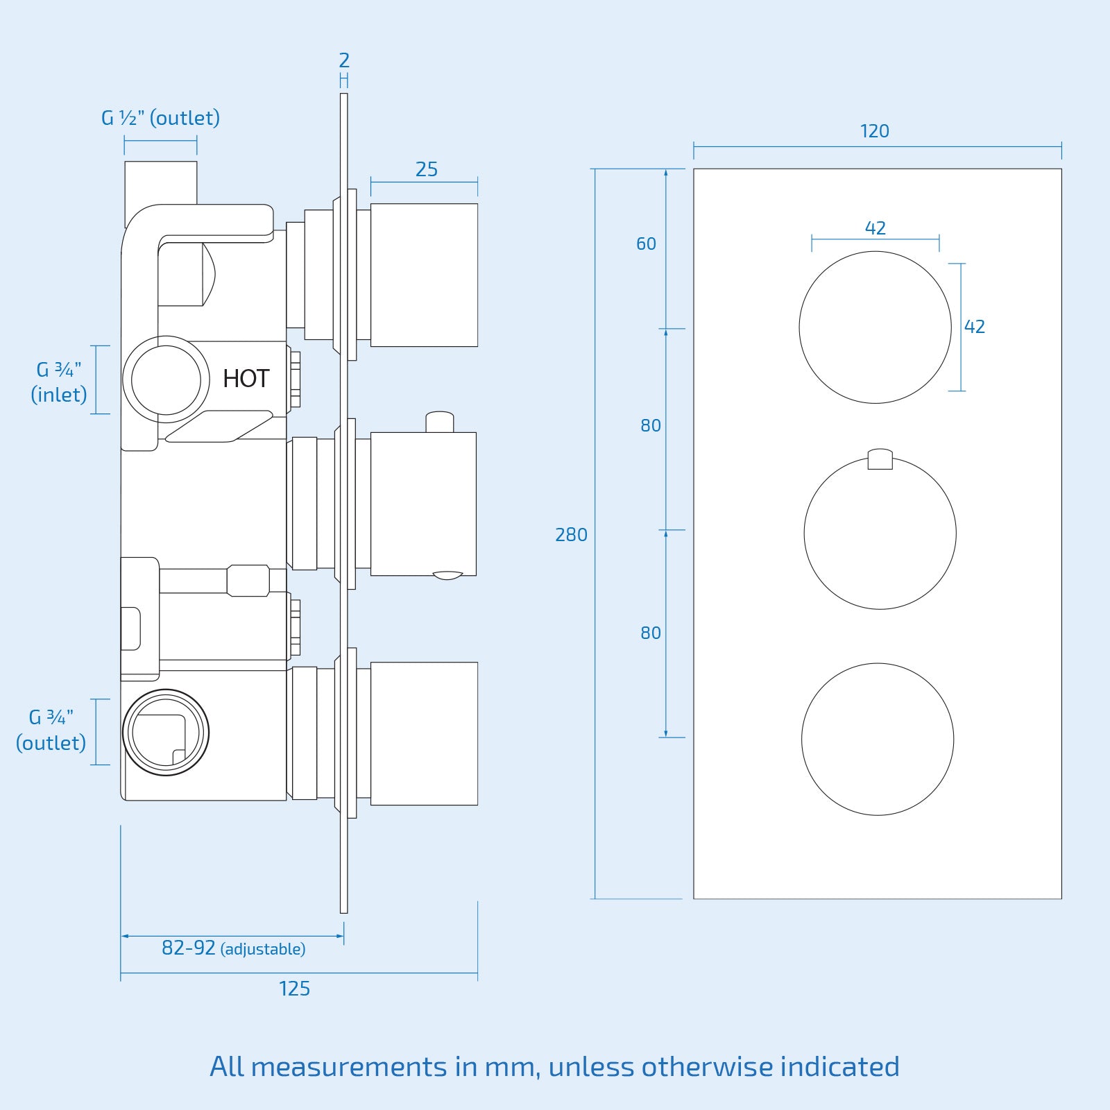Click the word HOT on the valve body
coord(246,379)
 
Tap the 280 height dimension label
coord(571,535)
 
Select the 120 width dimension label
coord(874,131)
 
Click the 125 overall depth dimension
coord(294,989)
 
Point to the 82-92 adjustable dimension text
coord(233,948)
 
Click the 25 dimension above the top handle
coord(426,169)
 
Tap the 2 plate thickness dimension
coord(344,61)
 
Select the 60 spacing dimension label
coord(646,244)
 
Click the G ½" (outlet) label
coord(160,118)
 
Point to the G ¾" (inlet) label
coord(59,382)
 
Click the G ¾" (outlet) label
coord(51,730)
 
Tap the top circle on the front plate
coord(875,327)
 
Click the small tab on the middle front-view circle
coord(880,459)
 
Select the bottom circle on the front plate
coord(877,739)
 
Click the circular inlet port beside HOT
coord(166,379)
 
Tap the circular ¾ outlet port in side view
coord(166,733)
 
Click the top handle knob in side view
coord(424,275)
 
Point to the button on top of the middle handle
coord(439,422)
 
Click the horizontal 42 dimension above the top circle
coord(875,228)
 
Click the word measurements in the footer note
coord(348,1067)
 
